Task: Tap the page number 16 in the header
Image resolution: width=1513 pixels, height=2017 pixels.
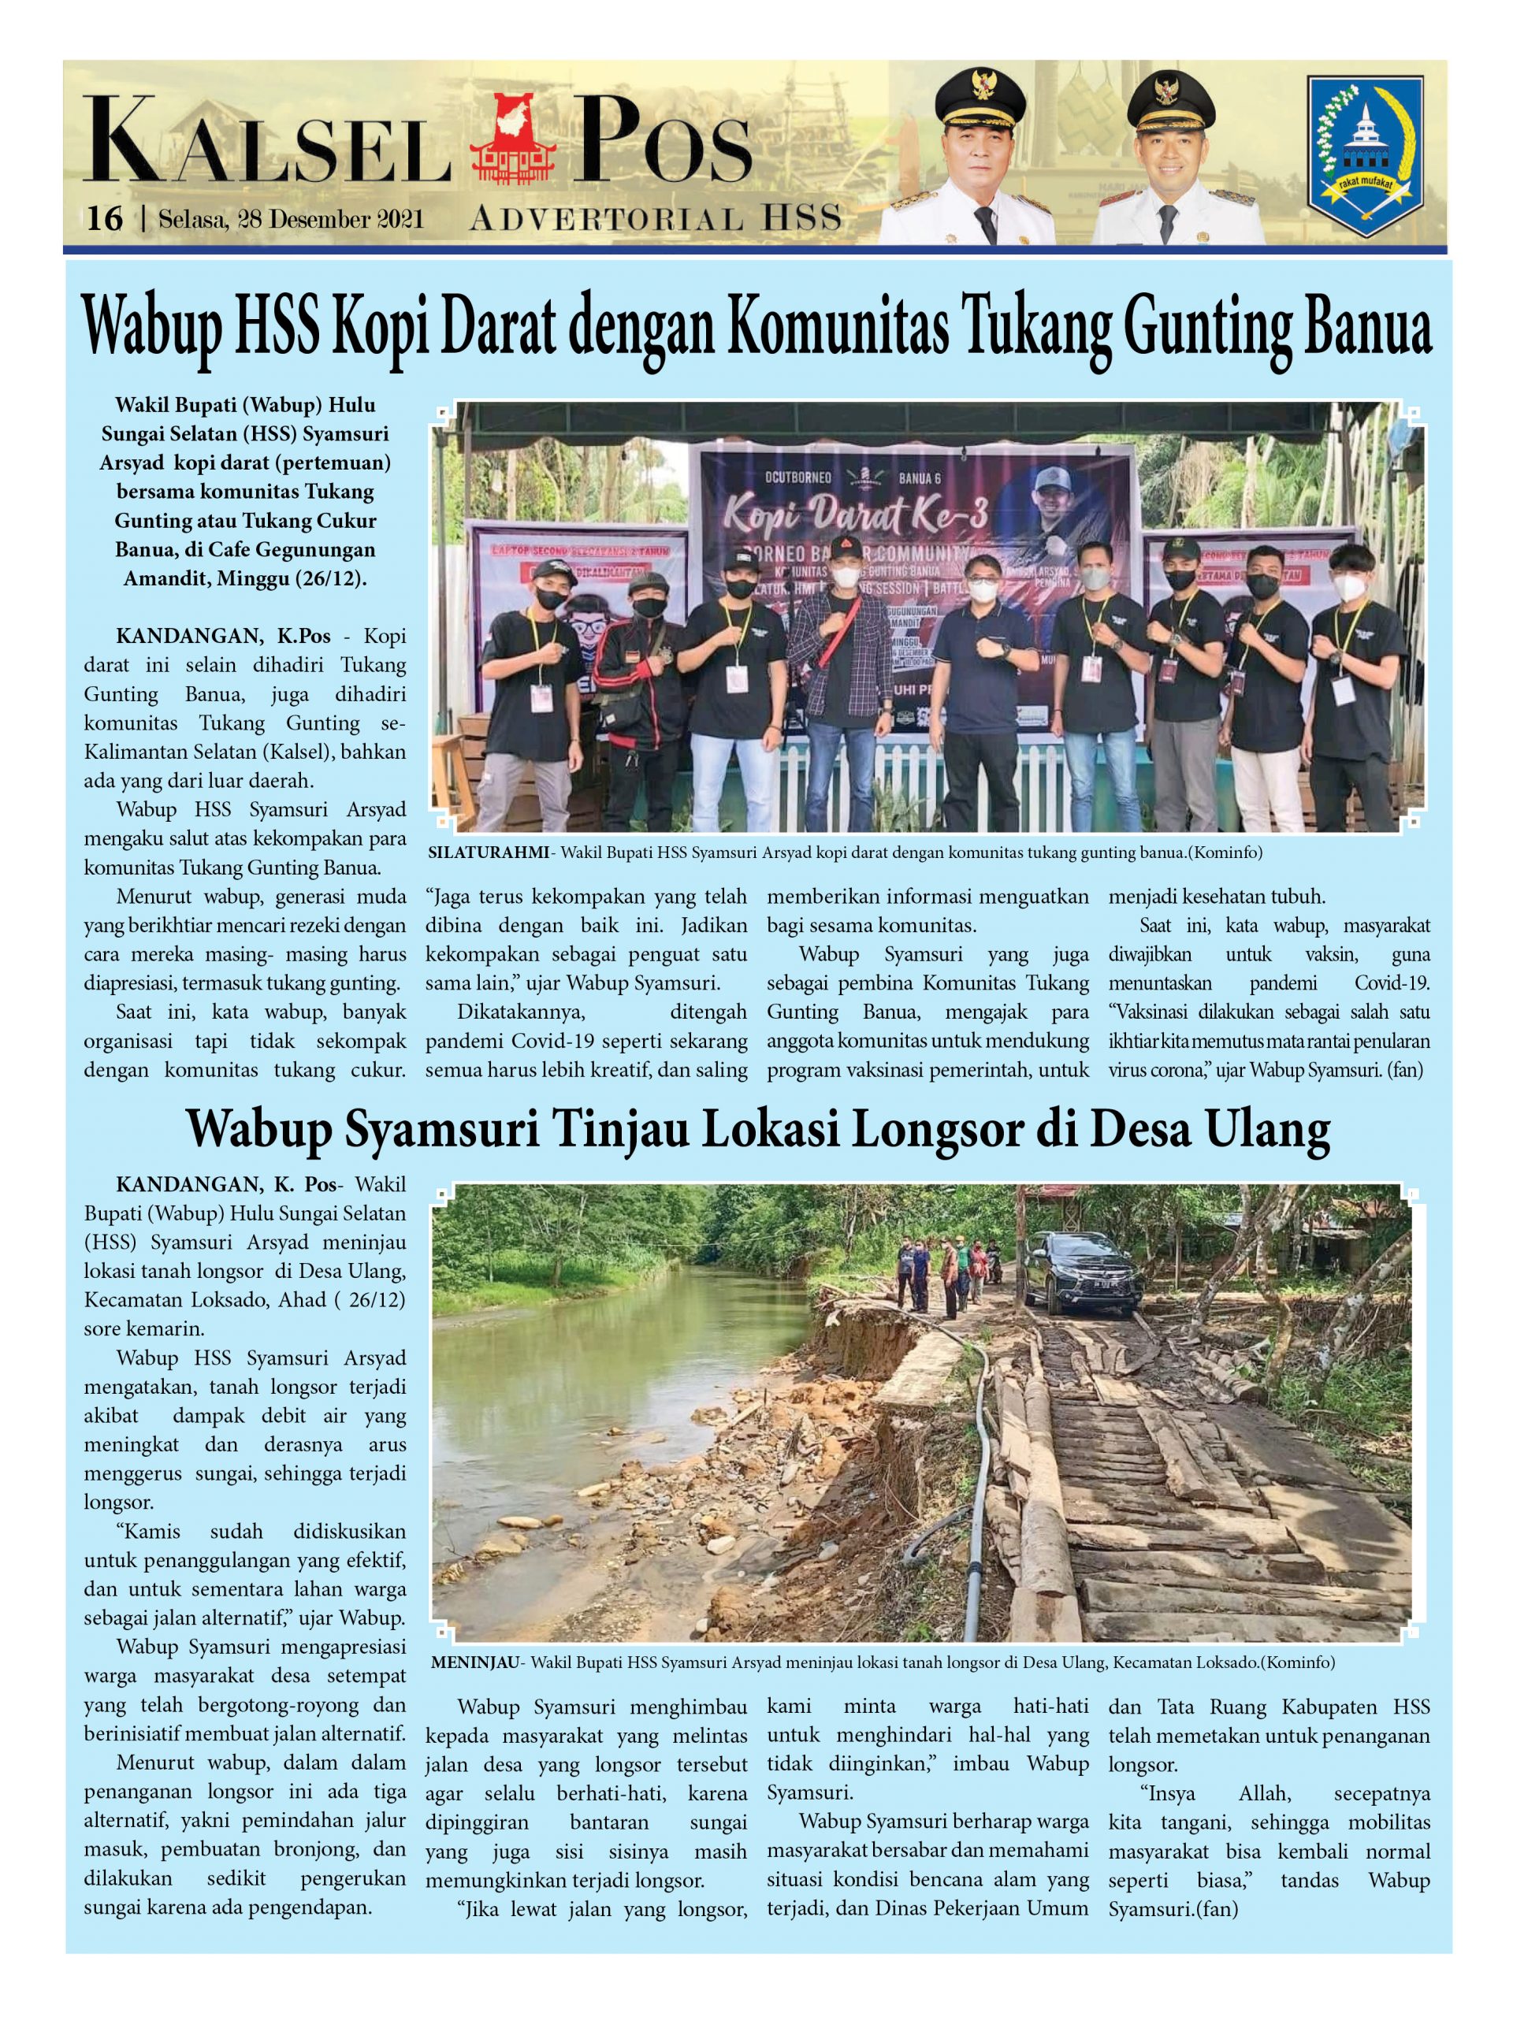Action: coord(104,219)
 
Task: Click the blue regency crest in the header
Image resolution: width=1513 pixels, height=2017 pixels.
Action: coord(1363,156)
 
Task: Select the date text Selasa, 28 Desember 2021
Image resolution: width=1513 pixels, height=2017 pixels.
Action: coord(290,220)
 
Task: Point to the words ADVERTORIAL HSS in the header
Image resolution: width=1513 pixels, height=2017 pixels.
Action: coord(655,220)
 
